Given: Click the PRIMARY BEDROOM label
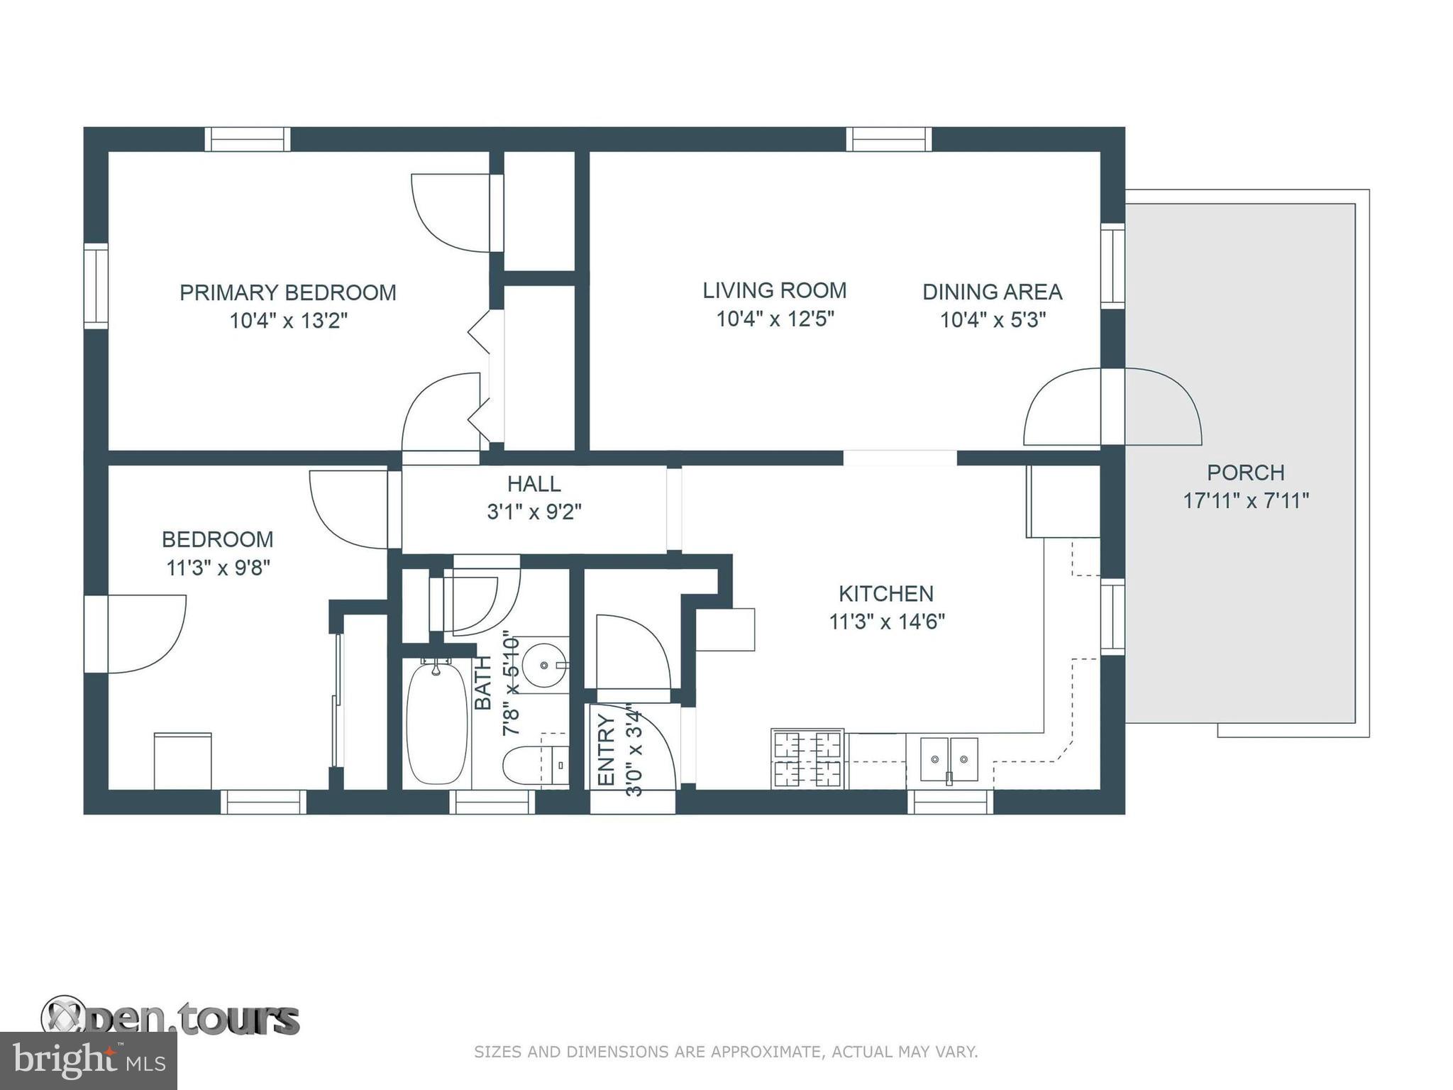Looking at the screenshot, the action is [x=287, y=292].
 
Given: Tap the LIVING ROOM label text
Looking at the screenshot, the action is [x=775, y=290].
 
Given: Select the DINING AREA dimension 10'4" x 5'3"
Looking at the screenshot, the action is [x=993, y=320].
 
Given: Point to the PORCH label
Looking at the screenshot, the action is [x=1246, y=473].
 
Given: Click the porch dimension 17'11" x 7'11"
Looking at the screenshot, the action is [x=1246, y=501].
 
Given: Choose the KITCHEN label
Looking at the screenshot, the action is [x=886, y=593].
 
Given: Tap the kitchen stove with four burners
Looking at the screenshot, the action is [x=808, y=759].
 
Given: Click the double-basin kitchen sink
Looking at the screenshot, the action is [x=949, y=760].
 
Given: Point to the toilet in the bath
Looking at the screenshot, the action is [x=536, y=766].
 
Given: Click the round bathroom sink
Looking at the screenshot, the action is [x=545, y=665].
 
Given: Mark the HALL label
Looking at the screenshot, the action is [x=534, y=484].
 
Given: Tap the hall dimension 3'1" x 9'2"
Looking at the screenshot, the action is [x=534, y=512].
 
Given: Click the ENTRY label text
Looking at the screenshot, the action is [x=607, y=750].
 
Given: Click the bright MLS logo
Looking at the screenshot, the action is [x=89, y=1061].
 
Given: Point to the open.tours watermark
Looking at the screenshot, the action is [x=170, y=1018].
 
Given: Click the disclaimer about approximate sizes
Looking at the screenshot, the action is [x=726, y=1052].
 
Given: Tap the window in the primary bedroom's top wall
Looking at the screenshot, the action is [x=248, y=140].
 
